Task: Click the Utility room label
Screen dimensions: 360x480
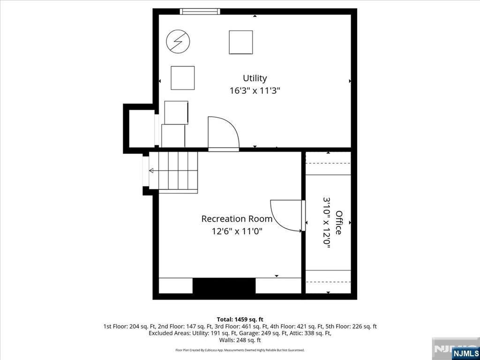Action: point(255,78)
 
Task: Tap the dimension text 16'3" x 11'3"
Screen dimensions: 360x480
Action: point(255,90)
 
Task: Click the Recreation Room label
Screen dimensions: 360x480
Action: point(237,219)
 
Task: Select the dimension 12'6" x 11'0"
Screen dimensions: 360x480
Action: point(237,231)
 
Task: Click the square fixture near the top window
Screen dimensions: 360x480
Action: point(241,42)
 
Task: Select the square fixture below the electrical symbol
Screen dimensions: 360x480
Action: point(182,78)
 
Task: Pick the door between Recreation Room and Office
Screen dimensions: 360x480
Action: point(287,216)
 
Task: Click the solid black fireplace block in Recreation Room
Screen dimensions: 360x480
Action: point(224,285)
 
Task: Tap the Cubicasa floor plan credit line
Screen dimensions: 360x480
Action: point(240,350)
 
